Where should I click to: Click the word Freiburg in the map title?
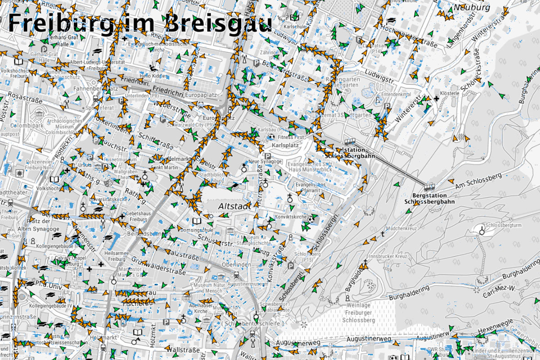click(x=58, y=23)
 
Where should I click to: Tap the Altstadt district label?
click(x=233, y=206)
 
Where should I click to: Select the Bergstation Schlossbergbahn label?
click(x=429, y=198)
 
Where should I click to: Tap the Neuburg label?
click(x=472, y=8)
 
